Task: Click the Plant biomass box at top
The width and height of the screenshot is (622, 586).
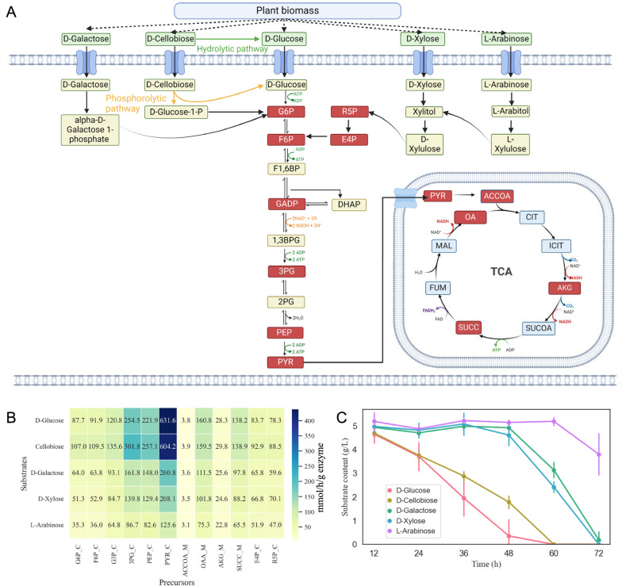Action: pyautogui.click(x=311, y=11)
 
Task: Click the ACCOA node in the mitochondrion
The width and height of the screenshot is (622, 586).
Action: pyautogui.click(x=498, y=195)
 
